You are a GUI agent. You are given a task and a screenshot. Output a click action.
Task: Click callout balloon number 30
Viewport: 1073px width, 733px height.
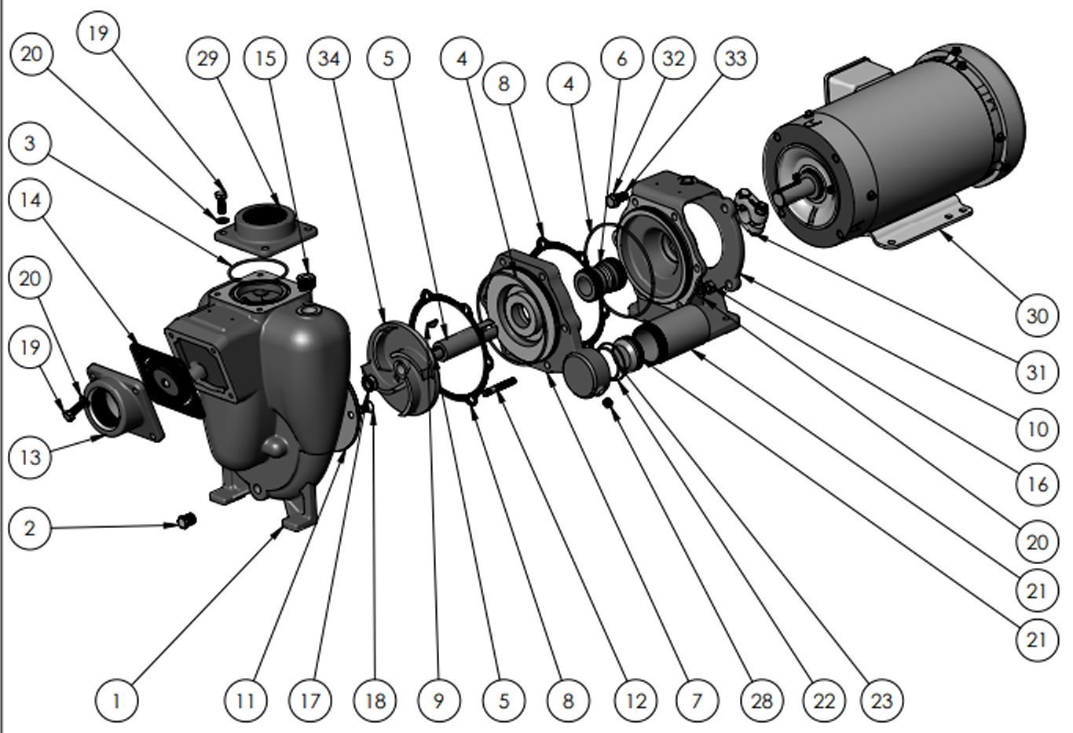click(1037, 316)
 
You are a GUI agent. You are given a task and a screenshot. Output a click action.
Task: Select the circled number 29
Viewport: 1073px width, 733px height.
click(208, 58)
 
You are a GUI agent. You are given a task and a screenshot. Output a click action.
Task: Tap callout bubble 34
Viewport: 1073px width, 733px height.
click(329, 58)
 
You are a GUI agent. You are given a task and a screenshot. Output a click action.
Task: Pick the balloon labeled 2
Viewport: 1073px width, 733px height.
click(30, 529)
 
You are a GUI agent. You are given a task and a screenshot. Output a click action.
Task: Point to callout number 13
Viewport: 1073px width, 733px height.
click(30, 457)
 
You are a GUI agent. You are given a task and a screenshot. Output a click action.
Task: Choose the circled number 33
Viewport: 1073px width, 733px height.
click(736, 58)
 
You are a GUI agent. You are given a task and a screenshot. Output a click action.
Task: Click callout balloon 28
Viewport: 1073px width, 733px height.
click(762, 702)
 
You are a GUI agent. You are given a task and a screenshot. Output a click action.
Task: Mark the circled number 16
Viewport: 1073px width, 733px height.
click(1037, 485)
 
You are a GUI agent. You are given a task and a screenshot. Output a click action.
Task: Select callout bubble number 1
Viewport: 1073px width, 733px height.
click(116, 702)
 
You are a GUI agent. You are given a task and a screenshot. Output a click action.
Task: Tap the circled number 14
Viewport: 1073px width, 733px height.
click(30, 200)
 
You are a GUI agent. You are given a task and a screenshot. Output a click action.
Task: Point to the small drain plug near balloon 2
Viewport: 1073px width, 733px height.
click(186, 520)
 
